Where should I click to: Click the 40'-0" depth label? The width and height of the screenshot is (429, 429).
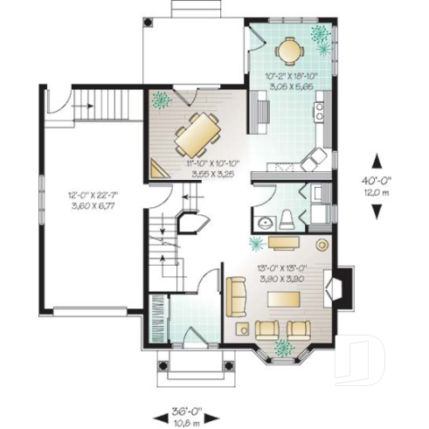point(377,183)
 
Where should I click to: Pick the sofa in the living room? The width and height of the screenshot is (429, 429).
point(235,296)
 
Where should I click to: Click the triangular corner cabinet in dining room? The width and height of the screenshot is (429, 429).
point(158,169)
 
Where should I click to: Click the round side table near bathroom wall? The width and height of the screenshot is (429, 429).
point(322,246)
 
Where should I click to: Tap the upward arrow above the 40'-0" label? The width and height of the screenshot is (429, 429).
point(377,161)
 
